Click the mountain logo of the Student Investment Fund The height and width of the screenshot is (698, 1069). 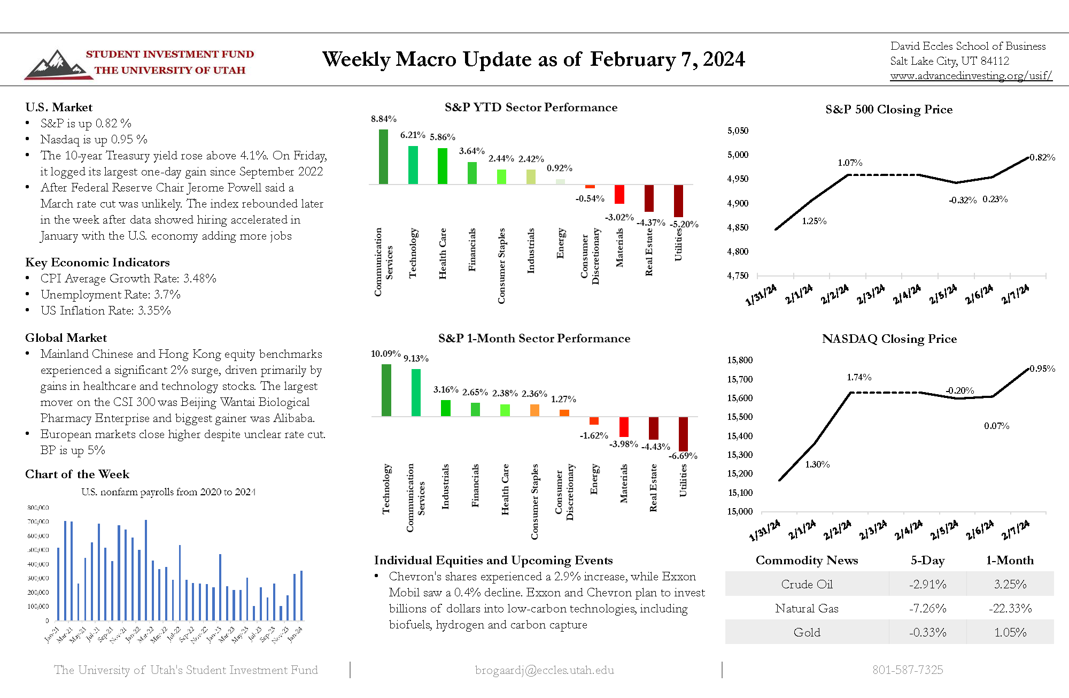[x=56, y=65]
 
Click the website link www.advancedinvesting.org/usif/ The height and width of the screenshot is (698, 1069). [x=971, y=75]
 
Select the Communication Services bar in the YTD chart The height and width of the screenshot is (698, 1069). [x=383, y=157]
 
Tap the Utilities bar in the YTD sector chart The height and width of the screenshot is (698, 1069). [x=678, y=201]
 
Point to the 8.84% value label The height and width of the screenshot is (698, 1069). [x=383, y=119]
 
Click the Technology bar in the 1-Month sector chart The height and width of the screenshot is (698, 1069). [x=386, y=390]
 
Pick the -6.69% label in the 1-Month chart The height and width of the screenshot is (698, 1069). [x=683, y=456]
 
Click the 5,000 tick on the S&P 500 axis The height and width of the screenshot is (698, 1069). [x=738, y=155]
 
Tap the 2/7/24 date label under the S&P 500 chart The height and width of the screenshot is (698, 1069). [x=1015, y=294]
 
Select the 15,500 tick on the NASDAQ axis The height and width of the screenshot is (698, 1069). [x=740, y=417]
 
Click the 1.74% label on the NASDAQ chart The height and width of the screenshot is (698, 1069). [x=859, y=377]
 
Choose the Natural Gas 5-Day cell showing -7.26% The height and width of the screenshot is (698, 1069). [x=927, y=608]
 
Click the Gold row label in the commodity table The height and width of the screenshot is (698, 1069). [x=807, y=632]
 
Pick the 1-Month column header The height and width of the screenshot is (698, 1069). [x=1010, y=560]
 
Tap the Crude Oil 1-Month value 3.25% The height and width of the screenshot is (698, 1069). [x=1010, y=584]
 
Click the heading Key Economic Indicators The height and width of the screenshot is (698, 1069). [x=97, y=262]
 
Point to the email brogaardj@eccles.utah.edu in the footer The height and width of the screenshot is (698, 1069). [x=544, y=670]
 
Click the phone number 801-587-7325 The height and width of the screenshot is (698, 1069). [x=908, y=670]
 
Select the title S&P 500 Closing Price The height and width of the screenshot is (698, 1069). [x=889, y=109]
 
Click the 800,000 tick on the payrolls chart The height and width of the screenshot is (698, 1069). [x=38, y=508]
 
